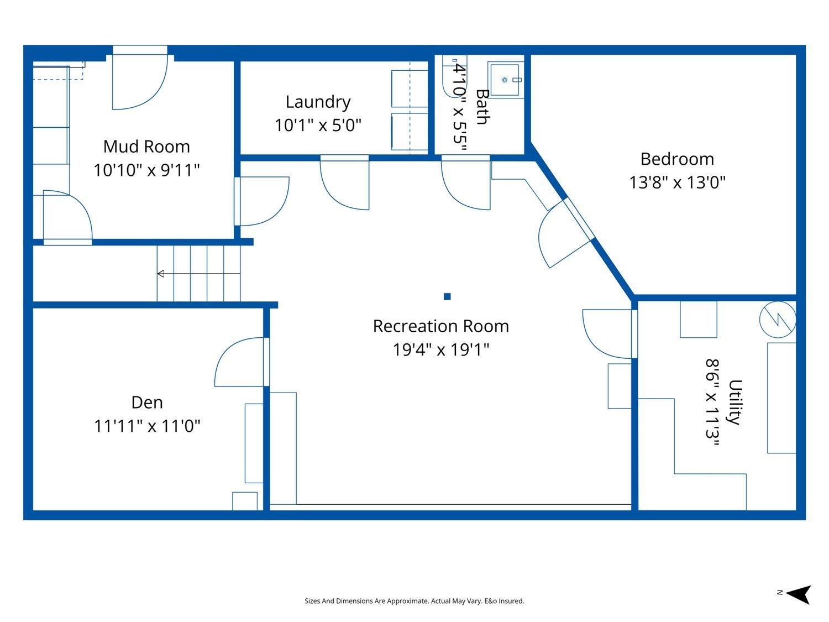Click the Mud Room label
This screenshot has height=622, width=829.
(146, 147)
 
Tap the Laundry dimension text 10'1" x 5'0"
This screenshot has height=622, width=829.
(318, 125)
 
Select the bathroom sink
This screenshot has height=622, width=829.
(505, 80)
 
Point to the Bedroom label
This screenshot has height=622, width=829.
(677, 159)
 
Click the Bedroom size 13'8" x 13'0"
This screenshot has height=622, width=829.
(677, 182)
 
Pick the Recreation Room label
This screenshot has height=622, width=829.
(440, 326)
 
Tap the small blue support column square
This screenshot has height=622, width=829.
(447, 296)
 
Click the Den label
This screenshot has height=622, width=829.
(147, 403)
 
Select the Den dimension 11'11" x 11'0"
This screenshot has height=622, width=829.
(147, 426)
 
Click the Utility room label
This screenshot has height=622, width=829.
(736, 402)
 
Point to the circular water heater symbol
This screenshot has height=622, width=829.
(778, 320)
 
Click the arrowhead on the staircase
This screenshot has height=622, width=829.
(161, 274)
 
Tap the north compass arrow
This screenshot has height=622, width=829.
(798, 595)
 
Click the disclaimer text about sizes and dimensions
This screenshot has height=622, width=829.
(414, 601)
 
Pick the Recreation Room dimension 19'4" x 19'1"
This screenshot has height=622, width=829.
(440, 350)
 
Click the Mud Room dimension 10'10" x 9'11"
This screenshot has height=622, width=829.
(146, 170)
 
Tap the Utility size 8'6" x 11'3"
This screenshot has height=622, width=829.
(712, 402)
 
